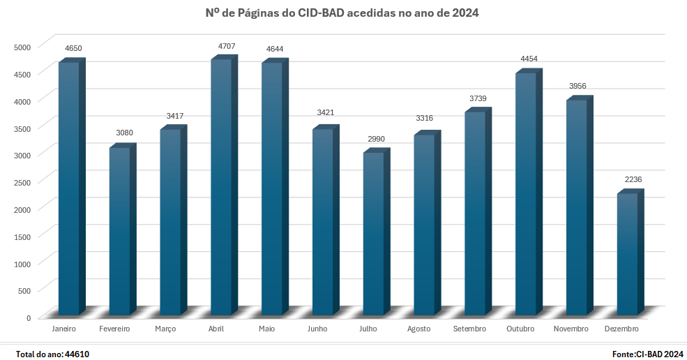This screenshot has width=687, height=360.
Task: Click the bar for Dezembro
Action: (628, 254)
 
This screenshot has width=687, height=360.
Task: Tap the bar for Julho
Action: (373, 233)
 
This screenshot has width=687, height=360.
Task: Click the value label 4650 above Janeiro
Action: (73, 48)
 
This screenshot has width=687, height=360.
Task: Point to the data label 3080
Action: (124, 133)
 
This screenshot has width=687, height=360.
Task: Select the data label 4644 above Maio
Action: (275, 49)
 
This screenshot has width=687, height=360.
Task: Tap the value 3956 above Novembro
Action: (577, 86)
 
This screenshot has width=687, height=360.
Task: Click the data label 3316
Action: (424, 118)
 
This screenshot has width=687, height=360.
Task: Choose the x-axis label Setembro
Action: (469, 329)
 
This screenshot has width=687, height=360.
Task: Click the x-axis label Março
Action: (165, 329)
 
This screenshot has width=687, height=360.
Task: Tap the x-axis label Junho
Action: (317, 329)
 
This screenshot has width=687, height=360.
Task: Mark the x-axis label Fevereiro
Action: (114, 329)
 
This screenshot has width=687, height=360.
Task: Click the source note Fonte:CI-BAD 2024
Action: (647, 354)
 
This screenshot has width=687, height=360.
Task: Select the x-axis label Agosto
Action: (418, 329)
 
